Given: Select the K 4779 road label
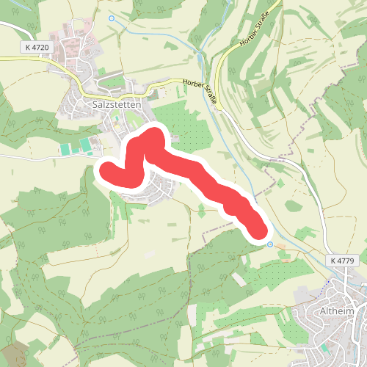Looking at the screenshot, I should pos(341,261).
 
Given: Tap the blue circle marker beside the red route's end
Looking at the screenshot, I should pos(270,244).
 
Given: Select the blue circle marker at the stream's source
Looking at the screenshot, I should pos(112,18).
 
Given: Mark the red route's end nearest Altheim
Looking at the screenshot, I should pos(258,230).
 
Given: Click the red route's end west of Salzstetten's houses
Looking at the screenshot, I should pos(107,172).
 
